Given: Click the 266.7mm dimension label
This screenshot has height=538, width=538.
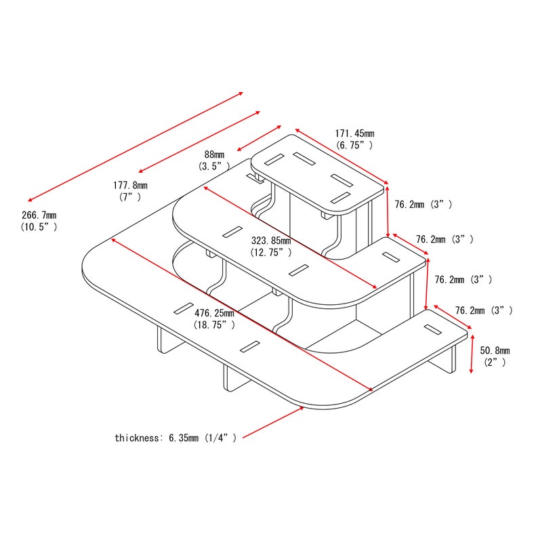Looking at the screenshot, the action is (39, 215).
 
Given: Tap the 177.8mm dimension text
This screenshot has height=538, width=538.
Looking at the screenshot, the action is (130, 186).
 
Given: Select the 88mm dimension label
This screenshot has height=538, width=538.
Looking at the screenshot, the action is (214, 154).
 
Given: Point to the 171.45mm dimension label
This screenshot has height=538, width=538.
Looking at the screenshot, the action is (355, 133).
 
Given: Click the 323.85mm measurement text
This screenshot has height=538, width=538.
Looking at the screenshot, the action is (271, 241).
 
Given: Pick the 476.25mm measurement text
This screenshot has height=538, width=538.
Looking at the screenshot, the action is (214, 313).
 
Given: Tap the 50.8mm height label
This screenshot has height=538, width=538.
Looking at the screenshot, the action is (495, 350).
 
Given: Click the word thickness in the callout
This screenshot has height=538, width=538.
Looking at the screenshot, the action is (137, 438).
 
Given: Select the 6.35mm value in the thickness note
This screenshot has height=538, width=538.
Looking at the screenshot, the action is (184, 438).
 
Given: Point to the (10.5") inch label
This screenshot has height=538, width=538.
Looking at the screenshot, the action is (39, 227).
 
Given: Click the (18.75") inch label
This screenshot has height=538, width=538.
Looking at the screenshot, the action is (214, 325).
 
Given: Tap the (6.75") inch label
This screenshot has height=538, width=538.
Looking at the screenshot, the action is (355, 145).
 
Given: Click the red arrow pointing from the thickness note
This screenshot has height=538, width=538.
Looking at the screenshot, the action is (274, 422).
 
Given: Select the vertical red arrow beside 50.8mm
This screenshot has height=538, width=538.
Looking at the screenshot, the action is (472, 354).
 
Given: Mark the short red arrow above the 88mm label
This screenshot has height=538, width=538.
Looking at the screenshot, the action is (260, 138).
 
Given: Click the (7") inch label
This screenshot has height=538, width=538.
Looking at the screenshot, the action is (130, 197).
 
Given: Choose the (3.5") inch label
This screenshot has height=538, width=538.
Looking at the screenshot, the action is (214, 167).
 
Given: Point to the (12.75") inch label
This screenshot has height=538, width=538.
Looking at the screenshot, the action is (271, 252).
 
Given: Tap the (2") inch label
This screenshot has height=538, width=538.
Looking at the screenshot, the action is (495, 362).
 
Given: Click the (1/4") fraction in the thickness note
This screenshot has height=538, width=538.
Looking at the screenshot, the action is (220, 438).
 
